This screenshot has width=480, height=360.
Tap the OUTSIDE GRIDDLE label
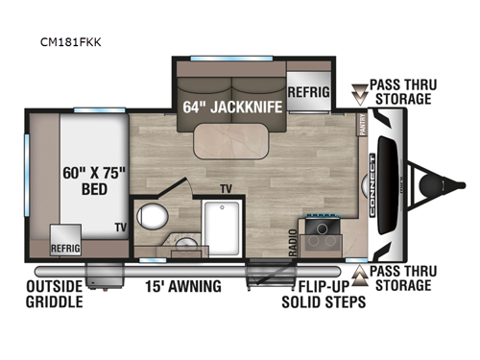(x=55, y=294)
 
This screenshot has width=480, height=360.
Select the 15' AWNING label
(x=183, y=286)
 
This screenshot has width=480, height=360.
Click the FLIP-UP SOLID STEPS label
(x=320, y=294)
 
